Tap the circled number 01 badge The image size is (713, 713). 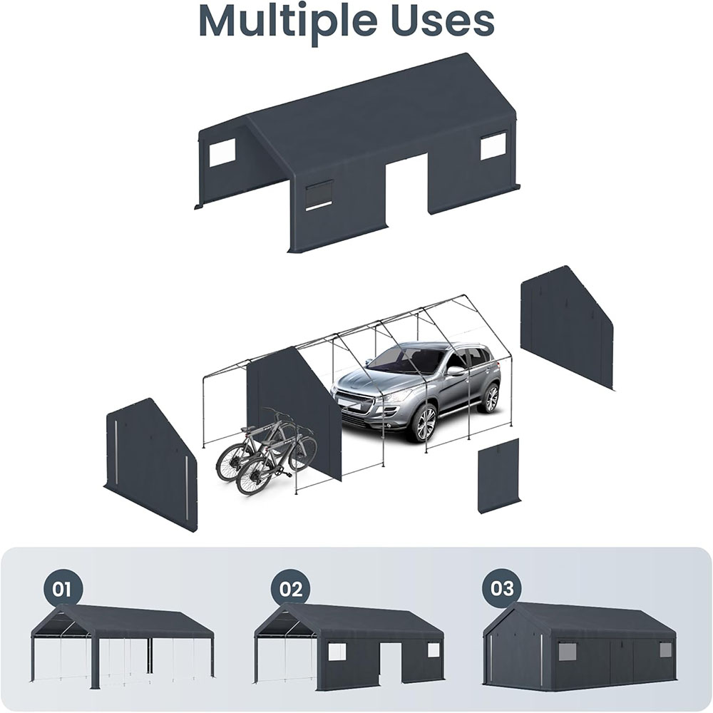(63, 589)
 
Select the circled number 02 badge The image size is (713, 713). (290, 589)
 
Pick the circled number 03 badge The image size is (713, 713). (502, 589)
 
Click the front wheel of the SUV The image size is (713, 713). (424, 423)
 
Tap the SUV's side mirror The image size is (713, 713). (455, 371)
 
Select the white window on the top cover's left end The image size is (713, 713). (222, 152)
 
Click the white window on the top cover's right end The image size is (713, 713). (493, 145)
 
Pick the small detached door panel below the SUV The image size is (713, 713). (498, 476)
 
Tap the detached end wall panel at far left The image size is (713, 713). (151, 463)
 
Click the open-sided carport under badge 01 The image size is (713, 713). (122, 645)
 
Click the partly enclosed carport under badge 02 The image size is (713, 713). (349, 645)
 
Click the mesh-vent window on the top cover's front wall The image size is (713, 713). (319, 194)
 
